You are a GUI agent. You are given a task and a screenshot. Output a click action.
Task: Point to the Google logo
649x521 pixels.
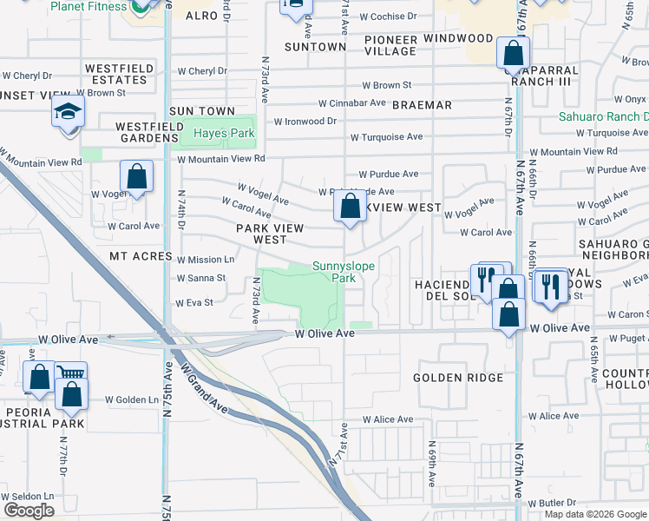[29, 510]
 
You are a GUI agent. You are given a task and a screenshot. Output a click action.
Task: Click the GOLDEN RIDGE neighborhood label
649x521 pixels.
[458, 378]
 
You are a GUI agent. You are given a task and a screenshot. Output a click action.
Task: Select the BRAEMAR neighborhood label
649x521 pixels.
[422, 105]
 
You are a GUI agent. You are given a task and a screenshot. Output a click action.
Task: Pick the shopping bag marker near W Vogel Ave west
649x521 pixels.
[136, 177]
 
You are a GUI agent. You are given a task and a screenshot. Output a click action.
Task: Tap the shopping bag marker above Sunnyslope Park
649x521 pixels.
[350, 208]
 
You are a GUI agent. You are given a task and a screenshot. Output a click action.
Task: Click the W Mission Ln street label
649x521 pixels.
[206, 259]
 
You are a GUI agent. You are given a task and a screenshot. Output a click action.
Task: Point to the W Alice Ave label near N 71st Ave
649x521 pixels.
[388, 419]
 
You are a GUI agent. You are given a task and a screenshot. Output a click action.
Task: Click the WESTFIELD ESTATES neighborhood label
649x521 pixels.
[119, 74]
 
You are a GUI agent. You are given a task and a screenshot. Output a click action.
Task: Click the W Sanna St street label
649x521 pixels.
[200, 279]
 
